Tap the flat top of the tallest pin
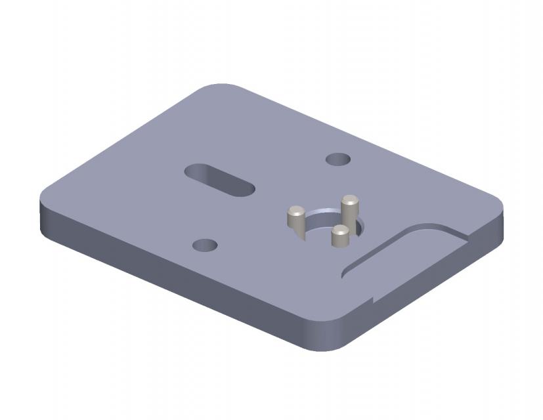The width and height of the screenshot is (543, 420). [350, 198]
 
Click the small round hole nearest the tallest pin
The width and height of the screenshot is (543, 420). [338, 159]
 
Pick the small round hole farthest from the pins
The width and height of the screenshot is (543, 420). [205, 245]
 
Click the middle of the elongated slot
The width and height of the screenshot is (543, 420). [219, 179]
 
